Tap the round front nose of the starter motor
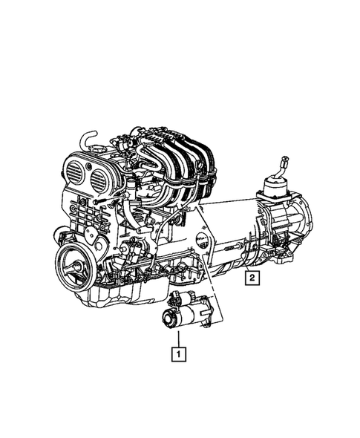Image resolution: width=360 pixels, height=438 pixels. [x=168, y=318]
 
